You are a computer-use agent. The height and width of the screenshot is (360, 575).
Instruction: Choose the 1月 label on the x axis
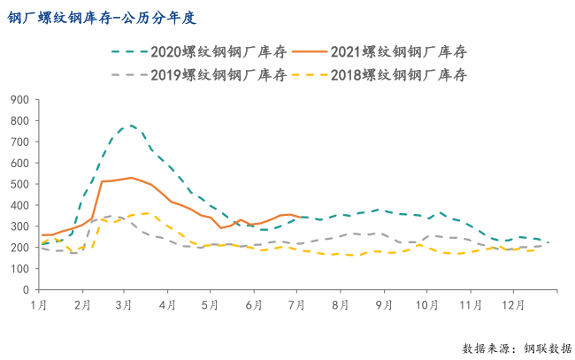pyautogui.click(x=39, y=305)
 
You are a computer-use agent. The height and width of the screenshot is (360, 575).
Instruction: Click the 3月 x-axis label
pyautogui.click(x=125, y=305)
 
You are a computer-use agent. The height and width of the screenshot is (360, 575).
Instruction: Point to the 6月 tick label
pyautogui.click(x=254, y=305)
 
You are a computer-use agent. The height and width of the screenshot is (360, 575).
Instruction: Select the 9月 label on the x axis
pyautogui.click(x=383, y=305)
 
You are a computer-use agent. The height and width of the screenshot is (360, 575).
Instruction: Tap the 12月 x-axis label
pyautogui.click(x=514, y=305)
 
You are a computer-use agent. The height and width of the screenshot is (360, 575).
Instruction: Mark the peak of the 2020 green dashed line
pyautogui.click(x=131, y=125)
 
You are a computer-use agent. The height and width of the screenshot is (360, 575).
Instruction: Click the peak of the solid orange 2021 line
pyautogui.click(x=131, y=178)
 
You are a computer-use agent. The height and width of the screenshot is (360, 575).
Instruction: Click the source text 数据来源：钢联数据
pyautogui.click(x=517, y=348)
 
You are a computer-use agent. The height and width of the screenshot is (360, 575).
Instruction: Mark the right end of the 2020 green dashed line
pyautogui.click(x=548, y=242)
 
